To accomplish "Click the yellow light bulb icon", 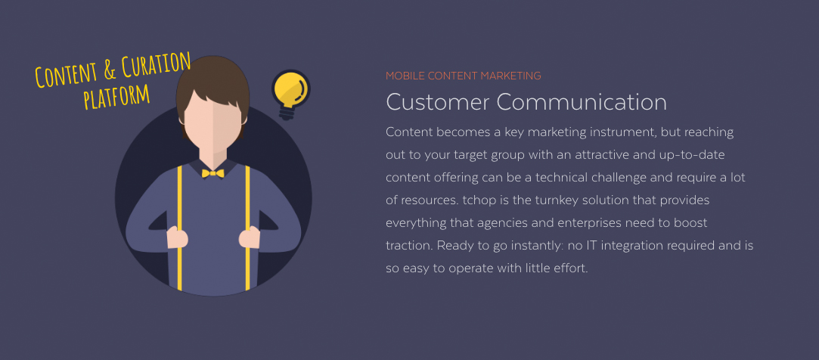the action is [x=290, y=94].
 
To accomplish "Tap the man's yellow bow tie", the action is [x=213, y=173].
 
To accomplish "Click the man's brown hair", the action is [x=213, y=84].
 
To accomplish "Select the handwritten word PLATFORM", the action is [x=116, y=96].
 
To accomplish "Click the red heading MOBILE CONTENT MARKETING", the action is [x=464, y=76].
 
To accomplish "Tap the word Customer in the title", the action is [x=438, y=102].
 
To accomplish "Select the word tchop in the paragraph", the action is [x=478, y=200].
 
